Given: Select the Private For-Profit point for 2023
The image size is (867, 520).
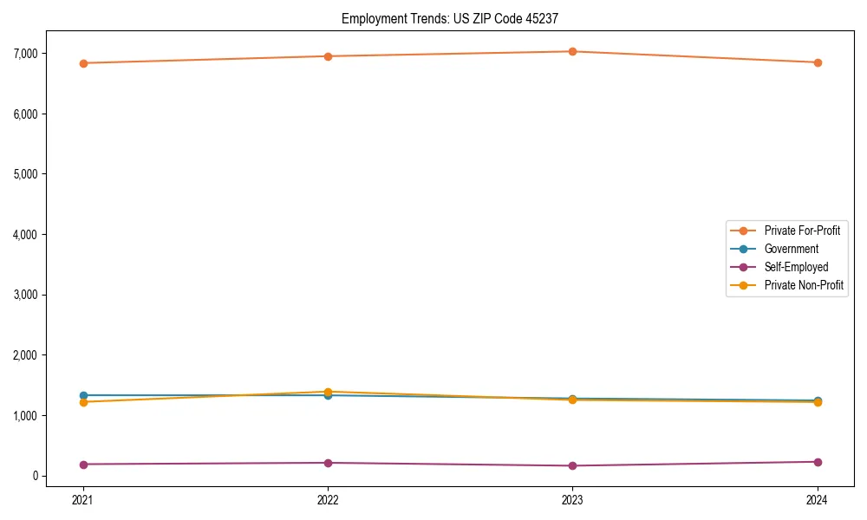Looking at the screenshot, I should [x=573, y=51].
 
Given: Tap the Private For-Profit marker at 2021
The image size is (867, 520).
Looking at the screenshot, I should [x=83, y=63].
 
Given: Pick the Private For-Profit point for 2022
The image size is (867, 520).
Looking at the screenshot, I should [x=328, y=56].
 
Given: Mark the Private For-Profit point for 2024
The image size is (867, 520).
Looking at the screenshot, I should [x=818, y=62].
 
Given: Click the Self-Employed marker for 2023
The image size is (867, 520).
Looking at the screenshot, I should [x=573, y=465].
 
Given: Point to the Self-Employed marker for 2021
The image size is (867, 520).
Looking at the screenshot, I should [x=83, y=465].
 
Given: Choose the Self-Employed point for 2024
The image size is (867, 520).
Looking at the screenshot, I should [x=818, y=462].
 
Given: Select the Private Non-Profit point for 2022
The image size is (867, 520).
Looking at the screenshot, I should [x=328, y=392].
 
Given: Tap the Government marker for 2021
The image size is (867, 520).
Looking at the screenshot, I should [x=83, y=395].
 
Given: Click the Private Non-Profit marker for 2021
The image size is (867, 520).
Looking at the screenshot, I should [x=83, y=402].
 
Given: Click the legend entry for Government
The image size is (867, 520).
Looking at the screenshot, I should [x=791, y=249].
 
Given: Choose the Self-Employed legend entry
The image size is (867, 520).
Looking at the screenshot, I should [x=796, y=267].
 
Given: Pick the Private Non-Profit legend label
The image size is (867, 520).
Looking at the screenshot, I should [x=804, y=285].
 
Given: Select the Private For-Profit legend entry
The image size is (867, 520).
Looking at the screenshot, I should [x=802, y=231].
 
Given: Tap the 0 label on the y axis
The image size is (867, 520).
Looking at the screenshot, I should [x=35, y=476].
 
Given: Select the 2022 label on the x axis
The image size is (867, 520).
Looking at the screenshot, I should [x=328, y=500].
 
